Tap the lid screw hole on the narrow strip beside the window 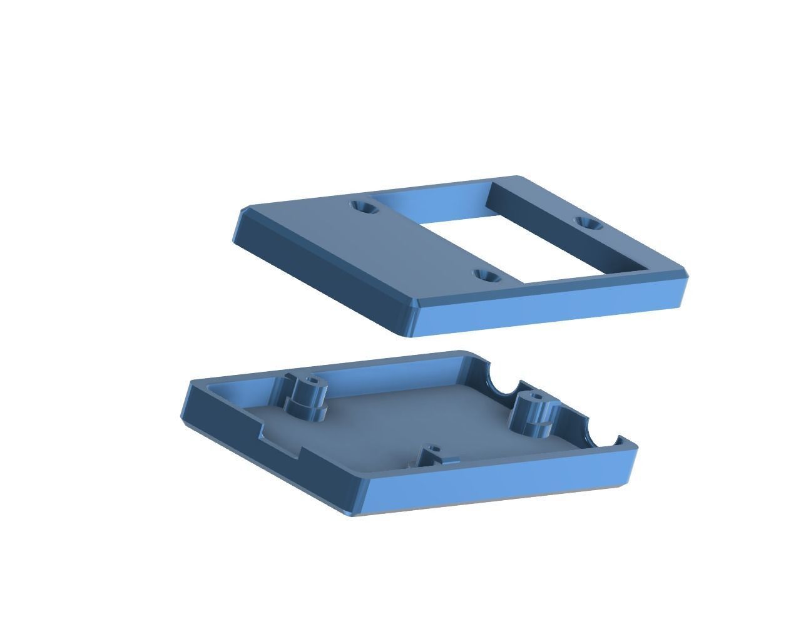point(588,223)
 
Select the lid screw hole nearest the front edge point(486,275)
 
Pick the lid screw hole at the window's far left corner point(363,207)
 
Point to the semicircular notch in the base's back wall point(500,383)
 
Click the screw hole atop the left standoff point(311,382)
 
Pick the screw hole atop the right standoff point(534,397)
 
